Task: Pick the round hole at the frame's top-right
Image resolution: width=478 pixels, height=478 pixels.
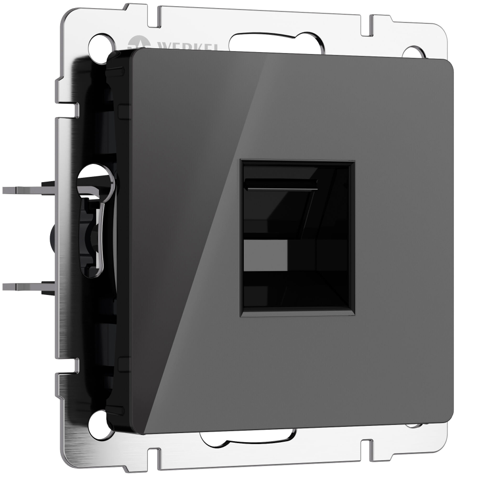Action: [413, 52]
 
